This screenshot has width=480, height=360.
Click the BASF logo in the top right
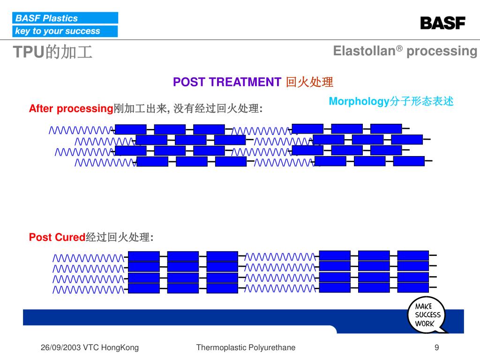pos(442,23)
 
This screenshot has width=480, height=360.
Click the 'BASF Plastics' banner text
pos(46,18)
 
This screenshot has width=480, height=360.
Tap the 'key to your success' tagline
pos(58,31)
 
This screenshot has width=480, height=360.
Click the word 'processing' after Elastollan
pos(442,51)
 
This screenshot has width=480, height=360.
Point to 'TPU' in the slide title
pos(28,52)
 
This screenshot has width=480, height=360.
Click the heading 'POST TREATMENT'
pos(227,82)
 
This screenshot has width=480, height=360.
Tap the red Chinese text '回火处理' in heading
pos(309,82)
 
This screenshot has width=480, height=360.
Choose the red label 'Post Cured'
pos(57,237)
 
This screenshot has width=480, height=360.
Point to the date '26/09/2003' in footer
pos(61,347)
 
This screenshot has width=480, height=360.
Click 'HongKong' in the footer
pos(120,347)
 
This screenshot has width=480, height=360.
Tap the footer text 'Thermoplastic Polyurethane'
pos(246,347)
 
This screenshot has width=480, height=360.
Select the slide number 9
pos(437,347)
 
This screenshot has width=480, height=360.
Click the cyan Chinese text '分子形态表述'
pos(422,101)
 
